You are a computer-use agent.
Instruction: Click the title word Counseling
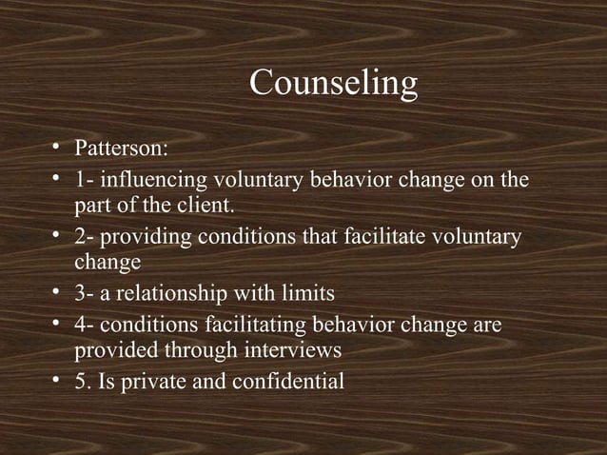coord(333,84)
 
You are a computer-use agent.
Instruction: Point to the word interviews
coord(293,350)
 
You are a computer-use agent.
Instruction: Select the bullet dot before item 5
coord(57,382)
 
